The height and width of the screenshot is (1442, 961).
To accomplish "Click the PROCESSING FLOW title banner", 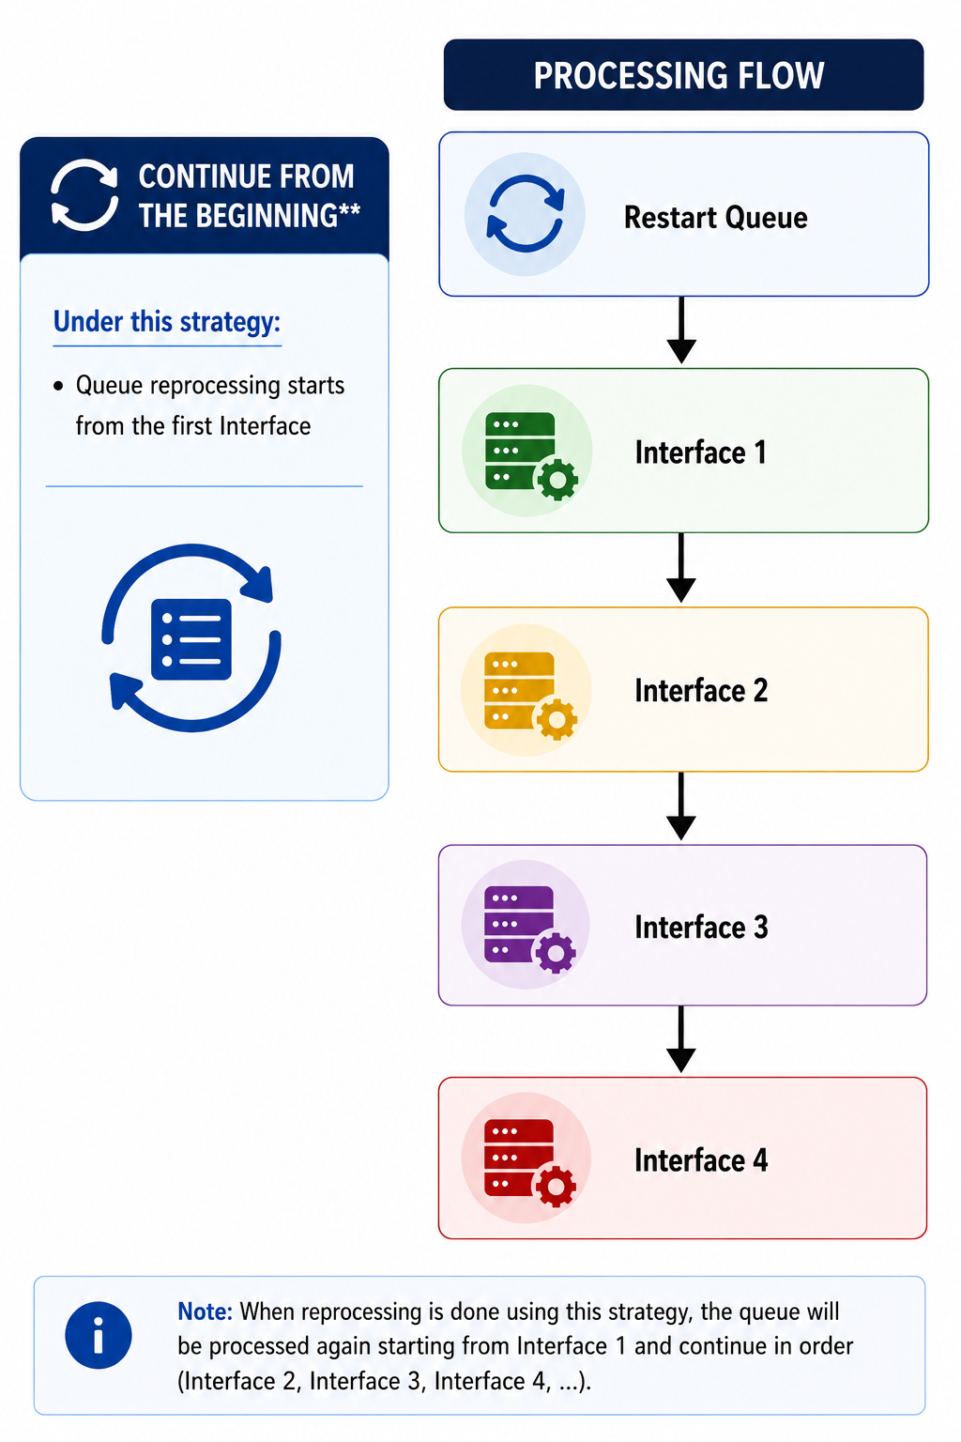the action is [683, 75].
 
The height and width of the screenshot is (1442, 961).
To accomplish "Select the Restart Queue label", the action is [715, 218].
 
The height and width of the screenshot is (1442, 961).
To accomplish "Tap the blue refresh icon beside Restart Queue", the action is [525, 214].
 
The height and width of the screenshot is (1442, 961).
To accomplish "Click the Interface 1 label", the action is [700, 452].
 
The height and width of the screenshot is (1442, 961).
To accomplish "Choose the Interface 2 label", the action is [701, 690].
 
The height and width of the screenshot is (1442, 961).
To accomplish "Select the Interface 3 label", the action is [701, 927].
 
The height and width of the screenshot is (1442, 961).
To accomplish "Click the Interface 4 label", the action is [701, 1160].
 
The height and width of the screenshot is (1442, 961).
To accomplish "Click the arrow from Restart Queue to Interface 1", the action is [681, 330].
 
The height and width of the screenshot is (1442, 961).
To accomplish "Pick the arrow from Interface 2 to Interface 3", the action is [681, 806].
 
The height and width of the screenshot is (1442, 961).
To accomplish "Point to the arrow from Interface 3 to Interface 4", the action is [681, 1039].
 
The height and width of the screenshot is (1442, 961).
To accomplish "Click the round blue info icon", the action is [99, 1335].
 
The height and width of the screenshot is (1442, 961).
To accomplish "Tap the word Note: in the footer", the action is [205, 1312].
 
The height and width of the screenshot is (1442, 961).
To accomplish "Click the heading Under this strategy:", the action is [167, 322].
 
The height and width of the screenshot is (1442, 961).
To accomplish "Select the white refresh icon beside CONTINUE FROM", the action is [84, 194].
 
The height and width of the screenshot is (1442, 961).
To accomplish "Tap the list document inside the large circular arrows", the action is [191, 639].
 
